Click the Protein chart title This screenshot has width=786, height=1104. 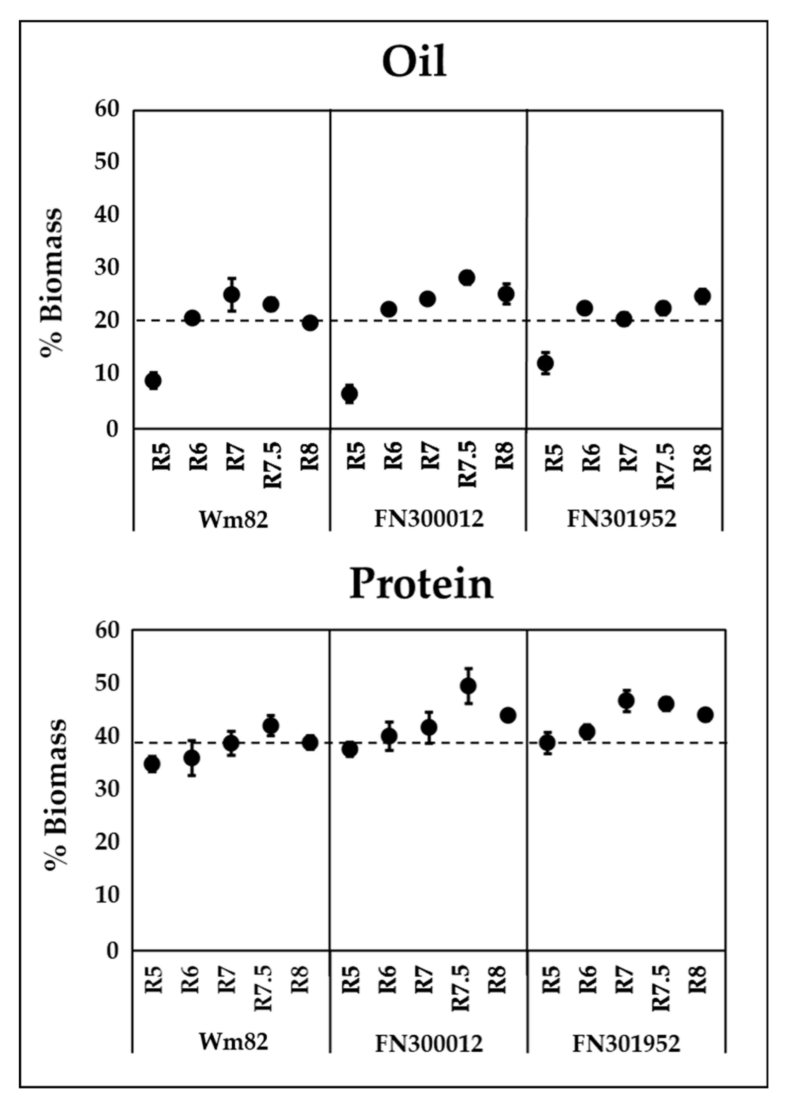tap(421, 584)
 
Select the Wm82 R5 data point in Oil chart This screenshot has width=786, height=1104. tap(153, 380)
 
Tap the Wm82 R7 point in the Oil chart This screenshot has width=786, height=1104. tap(232, 294)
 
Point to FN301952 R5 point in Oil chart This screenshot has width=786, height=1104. tap(546, 363)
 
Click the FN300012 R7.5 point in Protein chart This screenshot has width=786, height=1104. tap(468, 686)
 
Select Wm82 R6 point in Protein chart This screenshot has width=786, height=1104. tap(192, 758)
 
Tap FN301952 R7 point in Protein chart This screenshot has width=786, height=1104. tap(626, 700)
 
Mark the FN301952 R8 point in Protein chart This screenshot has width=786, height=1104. tap(705, 715)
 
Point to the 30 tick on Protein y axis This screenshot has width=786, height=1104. tap(107, 790)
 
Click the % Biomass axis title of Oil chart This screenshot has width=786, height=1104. tap(52, 283)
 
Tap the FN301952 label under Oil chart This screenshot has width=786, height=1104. tap(621, 519)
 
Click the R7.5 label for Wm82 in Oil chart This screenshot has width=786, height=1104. tap(273, 464)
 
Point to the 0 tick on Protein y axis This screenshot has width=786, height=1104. tap(112, 951)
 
